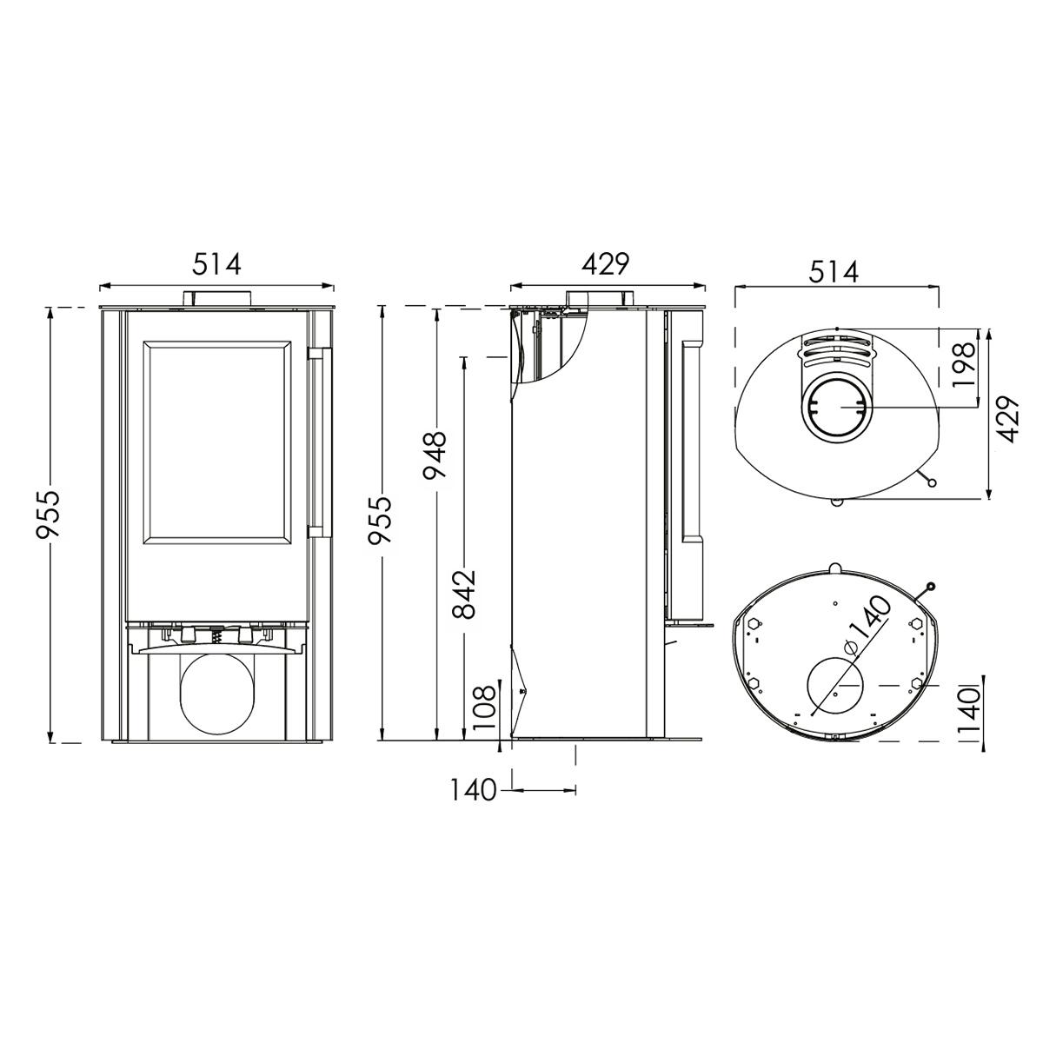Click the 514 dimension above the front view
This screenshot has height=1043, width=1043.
(216, 265)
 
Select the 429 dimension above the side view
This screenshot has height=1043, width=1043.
(606, 265)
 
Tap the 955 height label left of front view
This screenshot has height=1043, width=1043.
(47, 515)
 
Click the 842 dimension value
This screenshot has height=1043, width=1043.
(464, 595)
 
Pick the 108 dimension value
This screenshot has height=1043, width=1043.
(484, 708)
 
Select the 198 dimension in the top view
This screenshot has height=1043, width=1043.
(963, 365)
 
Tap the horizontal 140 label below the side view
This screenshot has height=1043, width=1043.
(473, 790)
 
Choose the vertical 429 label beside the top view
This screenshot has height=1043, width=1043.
(1006, 420)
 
